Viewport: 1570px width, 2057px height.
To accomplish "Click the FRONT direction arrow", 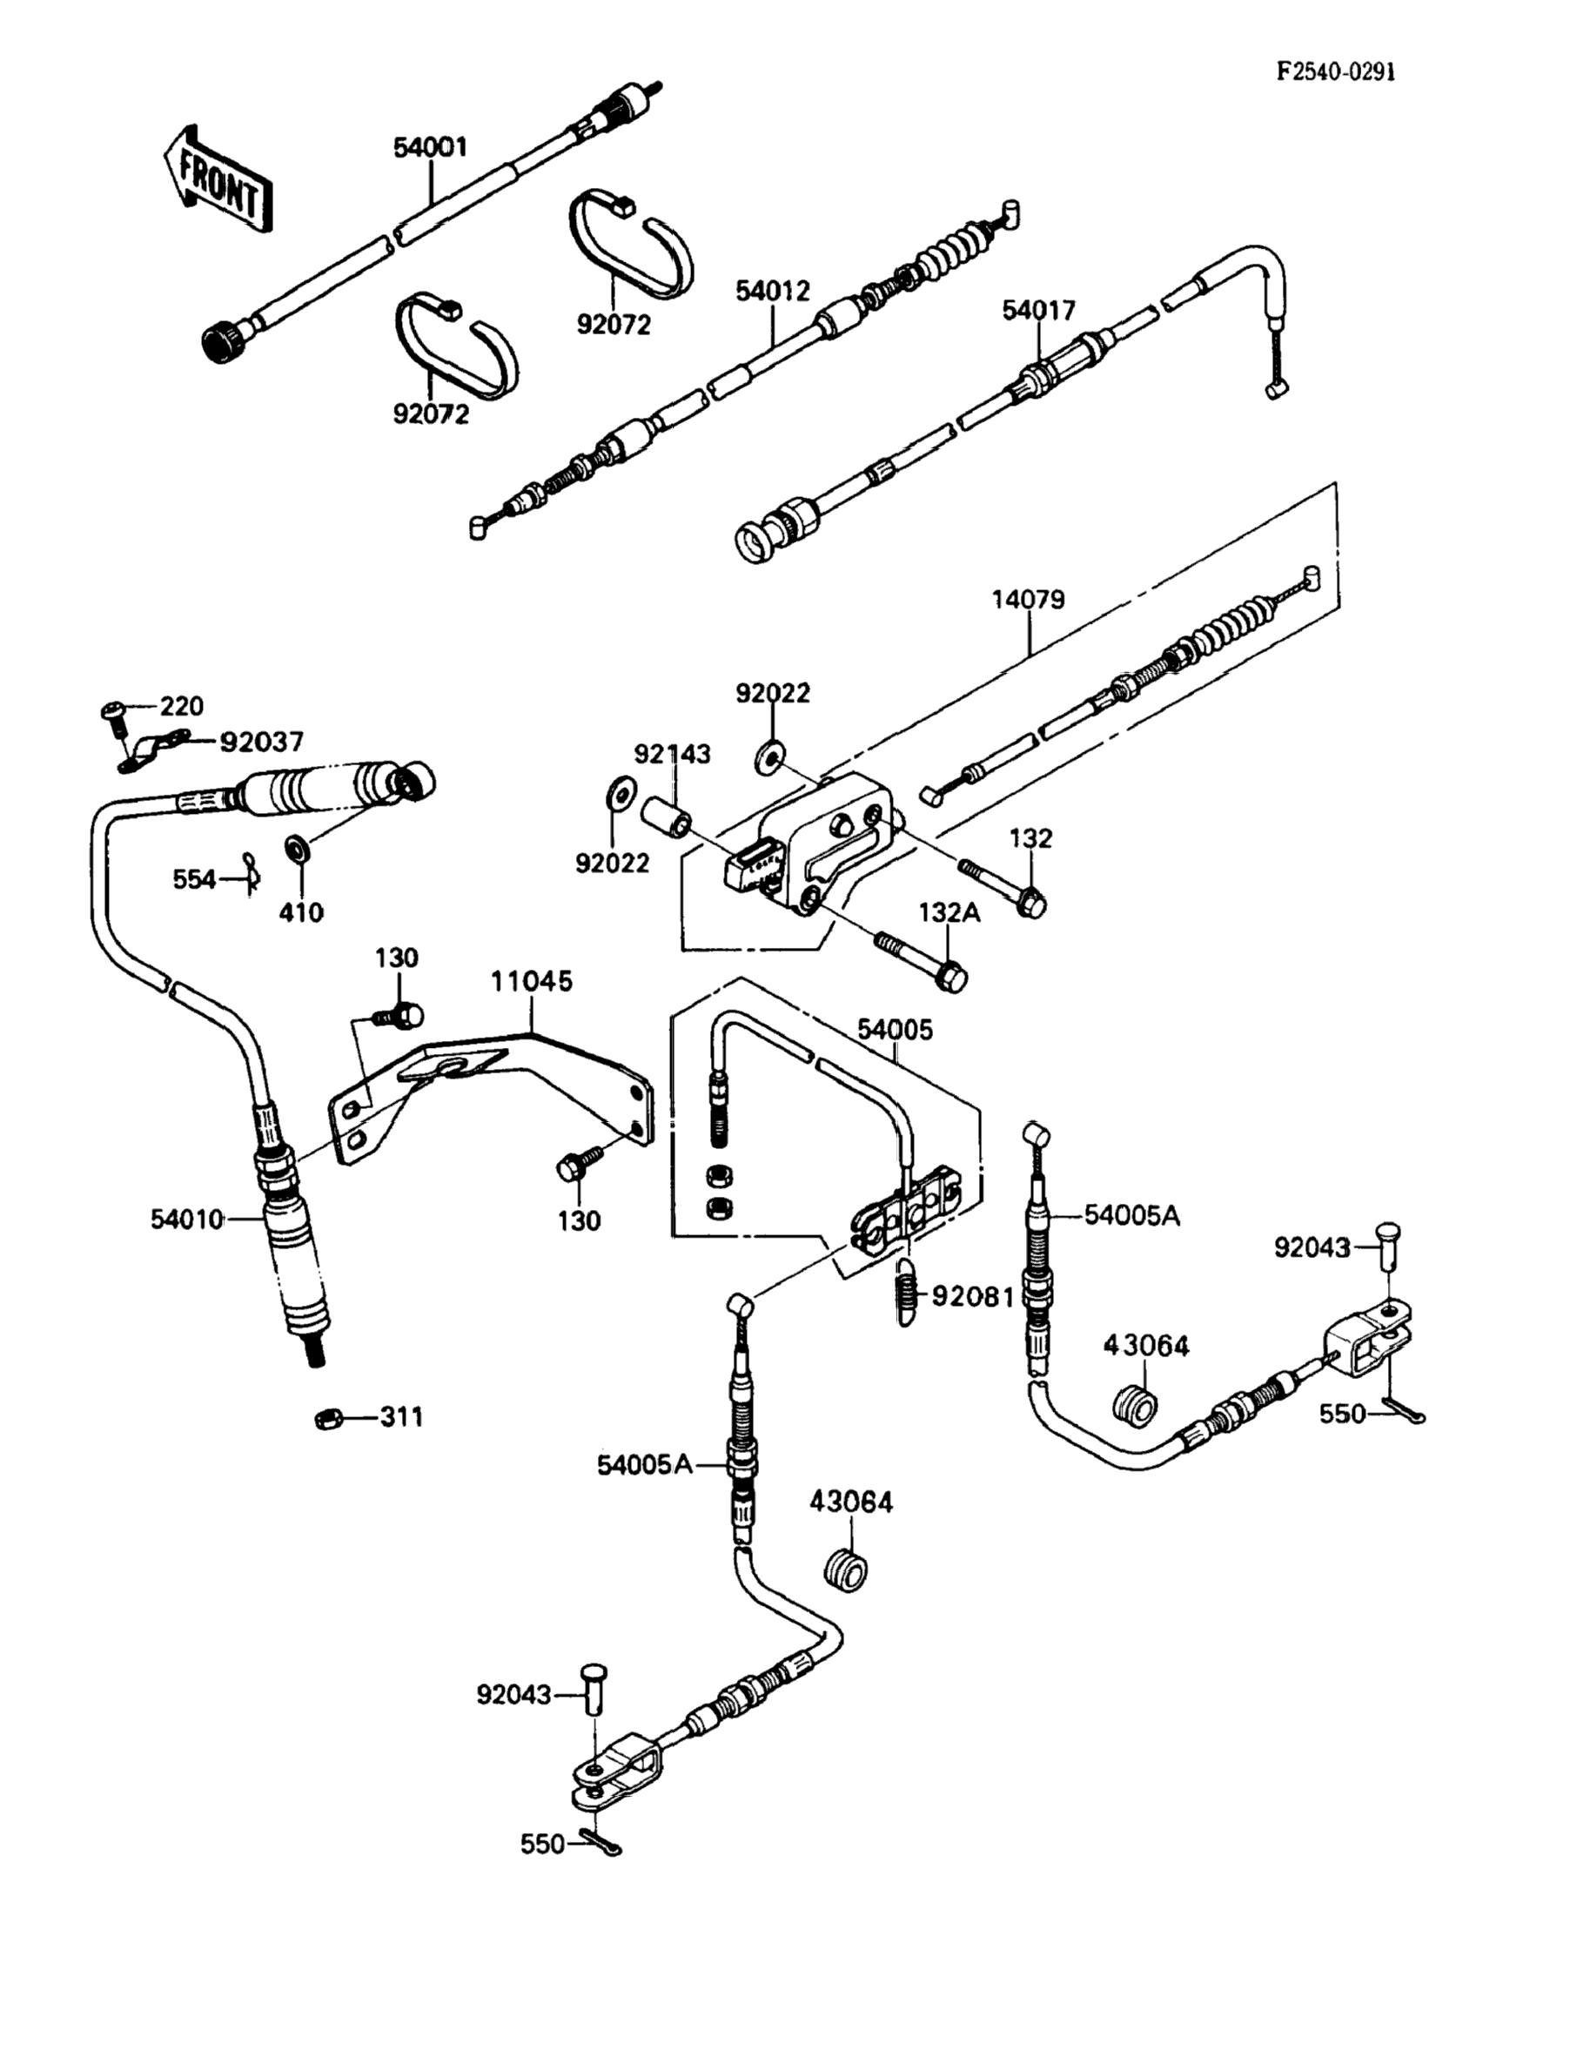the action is pyautogui.click(x=216, y=178).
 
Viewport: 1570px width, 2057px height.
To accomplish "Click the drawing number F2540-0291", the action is pyautogui.click(x=1338, y=72).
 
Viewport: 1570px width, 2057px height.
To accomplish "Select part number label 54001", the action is pyautogui.click(x=430, y=147).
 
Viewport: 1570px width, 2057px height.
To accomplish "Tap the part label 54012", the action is pyautogui.click(x=773, y=291).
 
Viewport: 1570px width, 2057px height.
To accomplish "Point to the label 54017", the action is pyautogui.click(x=1039, y=310).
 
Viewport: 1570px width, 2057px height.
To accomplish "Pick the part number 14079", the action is pyautogui.click(x=1028, y=599).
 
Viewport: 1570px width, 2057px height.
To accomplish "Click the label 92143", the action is pyautogui.click(x=673, y=753).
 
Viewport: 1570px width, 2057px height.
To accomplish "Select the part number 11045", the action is pyautogui.click(x=533, y=981).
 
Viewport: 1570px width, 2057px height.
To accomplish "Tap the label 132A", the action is pyautogui.click(x=949, y=912).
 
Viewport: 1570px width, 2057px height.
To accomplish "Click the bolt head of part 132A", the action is pyautogui.click(x=951, y=978).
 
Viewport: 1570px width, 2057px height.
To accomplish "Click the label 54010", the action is pyautogui.click(x=187, y=1219).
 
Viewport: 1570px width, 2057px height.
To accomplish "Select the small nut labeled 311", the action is pyautogui.click(x=327, y=1418).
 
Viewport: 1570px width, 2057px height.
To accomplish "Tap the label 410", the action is pyautogui.click(x=301, y=912).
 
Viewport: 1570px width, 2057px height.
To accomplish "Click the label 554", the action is pyautogui.click(x=194, y=879).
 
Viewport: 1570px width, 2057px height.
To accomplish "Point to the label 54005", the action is pyautogui.click(x=896, y=1030).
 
